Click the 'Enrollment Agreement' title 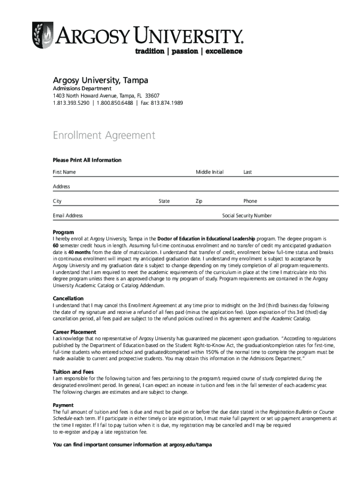[x=103, y=136]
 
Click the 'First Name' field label [x=64, y=172]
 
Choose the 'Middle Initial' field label [x=209, y=172]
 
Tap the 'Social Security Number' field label [x=247, y=216]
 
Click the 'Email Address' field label [x=68, y=216]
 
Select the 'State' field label [x=164, y=201]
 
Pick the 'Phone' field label [x=250, y=201]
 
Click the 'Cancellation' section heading [x=68, y=298]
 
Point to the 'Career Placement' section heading [x=75, y=332]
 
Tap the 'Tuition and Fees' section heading [x=73, y=372]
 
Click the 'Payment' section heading [x=63, y=405]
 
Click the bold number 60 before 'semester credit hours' [x=55, y=246]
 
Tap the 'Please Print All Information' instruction [x=87, y=160]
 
